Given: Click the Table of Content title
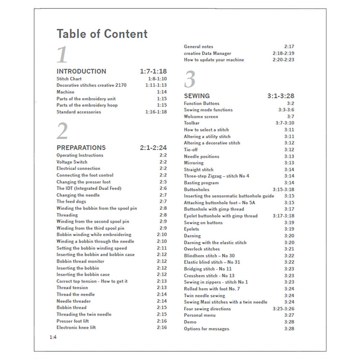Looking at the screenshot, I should pyautogui.click(x=102, y=34).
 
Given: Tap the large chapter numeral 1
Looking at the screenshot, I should pyautogui.click(x=62, y=55).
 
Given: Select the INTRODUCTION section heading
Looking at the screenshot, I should pyautogui.click(x=81, y=71).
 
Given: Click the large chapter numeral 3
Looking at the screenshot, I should pyautogui.click(x=190, y=80).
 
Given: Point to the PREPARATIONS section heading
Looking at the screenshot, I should pyautogui.click(x=81, y=148).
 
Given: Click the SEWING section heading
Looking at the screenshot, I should pyautogui.click(x=197, y=96).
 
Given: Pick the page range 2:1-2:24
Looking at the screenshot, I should pyautogui.click(x=153, y=148).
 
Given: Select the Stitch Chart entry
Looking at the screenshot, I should pyautogui.click(x=69, y=78).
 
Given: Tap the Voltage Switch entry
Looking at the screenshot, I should pyautogui.click(x=72, y=162).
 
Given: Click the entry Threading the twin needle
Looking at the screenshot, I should pyautogui.click(x=84, y=314).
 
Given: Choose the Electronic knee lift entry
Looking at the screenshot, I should pyautogui.click(x=76, y=327).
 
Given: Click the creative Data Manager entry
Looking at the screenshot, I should pyautogui.click(x=207, y=53).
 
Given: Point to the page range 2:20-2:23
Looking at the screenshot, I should pyautogui.click(x=283, y=60).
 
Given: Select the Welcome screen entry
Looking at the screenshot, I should pyautogui.click(x=201, y=117).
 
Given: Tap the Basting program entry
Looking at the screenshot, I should pyautogui.click(x=201, y=183).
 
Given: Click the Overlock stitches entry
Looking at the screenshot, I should pyautogui.click(x=202, y=249).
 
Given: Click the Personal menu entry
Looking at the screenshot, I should pyautogui.click(x=200, y=315).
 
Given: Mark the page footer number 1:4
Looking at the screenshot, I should pyautogui.click(x=53, y=337).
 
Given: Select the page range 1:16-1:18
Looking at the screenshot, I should pyautogui.click(x=156, y=112).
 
